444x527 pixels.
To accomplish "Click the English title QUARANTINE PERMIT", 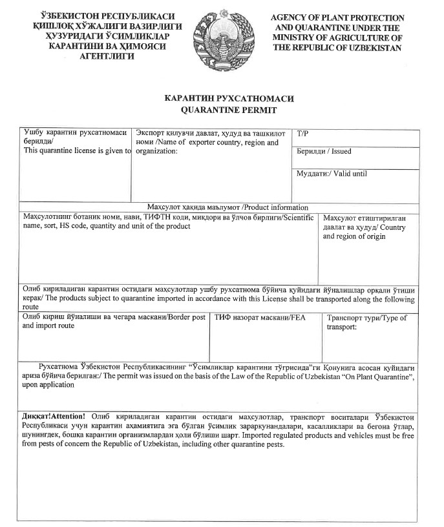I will click(x=222, y=110).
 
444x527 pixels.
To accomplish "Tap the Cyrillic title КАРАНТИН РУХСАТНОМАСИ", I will click(x=222, y=99).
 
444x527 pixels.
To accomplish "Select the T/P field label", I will click(x=302, y=134).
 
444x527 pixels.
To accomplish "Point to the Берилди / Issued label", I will click(x=324, y=152).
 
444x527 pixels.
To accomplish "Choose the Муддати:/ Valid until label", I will click(x=332, y=174).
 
